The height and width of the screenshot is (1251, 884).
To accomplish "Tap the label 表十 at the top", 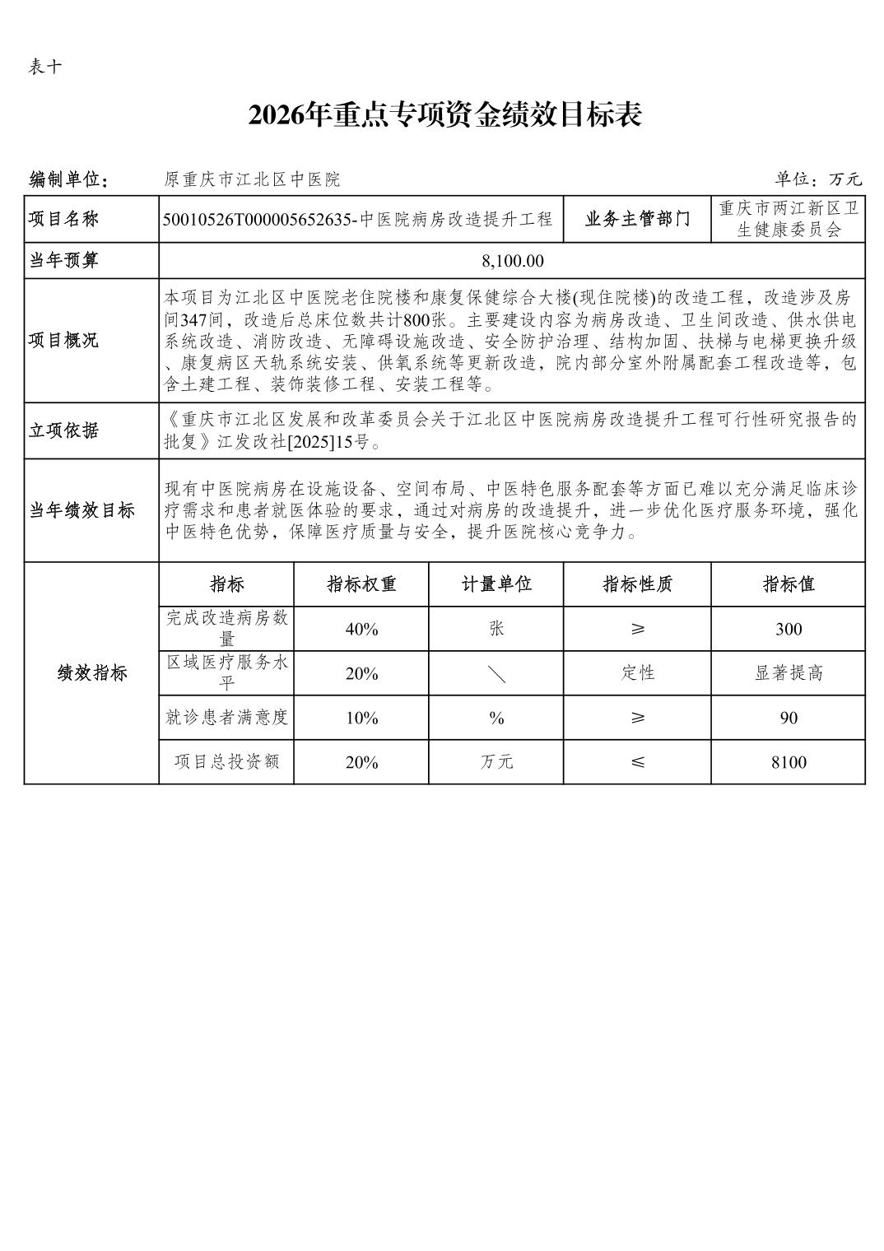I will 44,67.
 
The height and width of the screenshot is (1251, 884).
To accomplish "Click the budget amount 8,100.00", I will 512,261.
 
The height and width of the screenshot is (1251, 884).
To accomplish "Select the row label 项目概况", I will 64,340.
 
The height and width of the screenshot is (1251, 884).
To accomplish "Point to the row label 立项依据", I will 64,430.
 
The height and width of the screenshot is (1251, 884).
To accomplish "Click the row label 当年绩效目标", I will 81,510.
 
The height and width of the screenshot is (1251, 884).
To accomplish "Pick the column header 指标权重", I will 361,584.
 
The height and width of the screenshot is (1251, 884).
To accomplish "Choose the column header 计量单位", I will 496,584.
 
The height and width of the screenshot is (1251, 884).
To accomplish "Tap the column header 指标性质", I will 637,584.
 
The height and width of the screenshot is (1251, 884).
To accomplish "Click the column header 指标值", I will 788,584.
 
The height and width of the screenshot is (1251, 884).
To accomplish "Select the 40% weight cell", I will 361,629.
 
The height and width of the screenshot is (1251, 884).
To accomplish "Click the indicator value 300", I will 788,629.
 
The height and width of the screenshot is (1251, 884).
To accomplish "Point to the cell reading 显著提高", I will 788,673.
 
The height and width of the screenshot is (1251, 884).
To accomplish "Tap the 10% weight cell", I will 361,718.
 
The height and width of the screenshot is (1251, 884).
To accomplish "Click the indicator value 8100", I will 788,762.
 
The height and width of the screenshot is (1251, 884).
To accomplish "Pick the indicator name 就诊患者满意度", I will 226,718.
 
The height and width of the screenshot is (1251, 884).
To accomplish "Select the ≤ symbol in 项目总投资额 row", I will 637,762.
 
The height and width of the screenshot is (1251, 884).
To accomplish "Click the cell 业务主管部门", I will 637,219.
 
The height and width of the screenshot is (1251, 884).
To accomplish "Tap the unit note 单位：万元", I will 817,179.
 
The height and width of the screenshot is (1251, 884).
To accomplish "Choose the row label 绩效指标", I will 91,673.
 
